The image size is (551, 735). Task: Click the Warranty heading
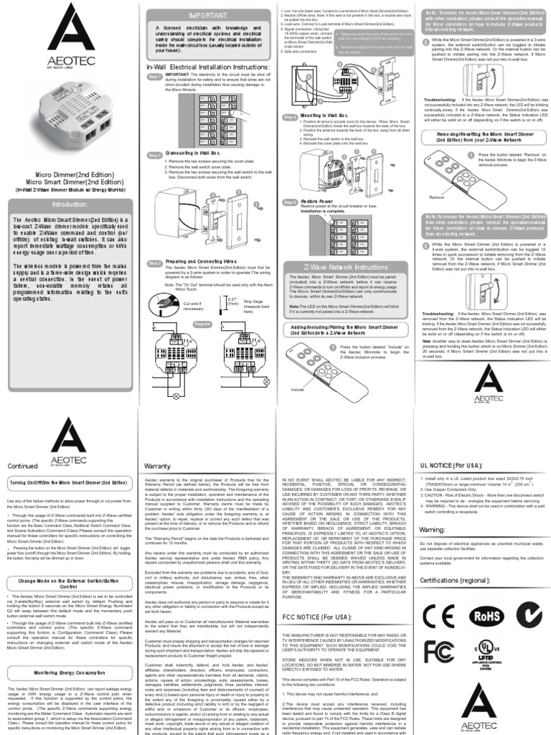[x=157, y=465]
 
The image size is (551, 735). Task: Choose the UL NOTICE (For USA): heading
[x=457, y=465]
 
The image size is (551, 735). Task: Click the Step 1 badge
[x=154, y=77]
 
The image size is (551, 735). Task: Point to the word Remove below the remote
[x=438, y=196]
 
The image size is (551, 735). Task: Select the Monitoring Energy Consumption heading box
[x=68, y=671]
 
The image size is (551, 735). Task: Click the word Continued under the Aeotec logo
[x=22, y=465]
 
